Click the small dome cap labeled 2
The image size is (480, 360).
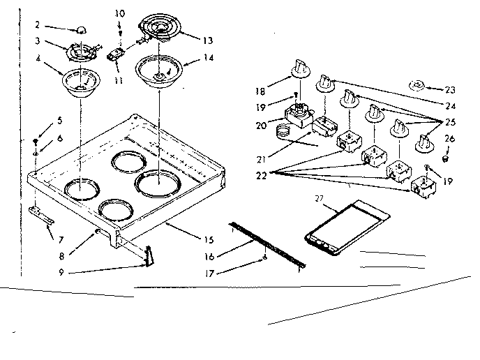pos(81,30)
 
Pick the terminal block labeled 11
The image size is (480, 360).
pos(117,54)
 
